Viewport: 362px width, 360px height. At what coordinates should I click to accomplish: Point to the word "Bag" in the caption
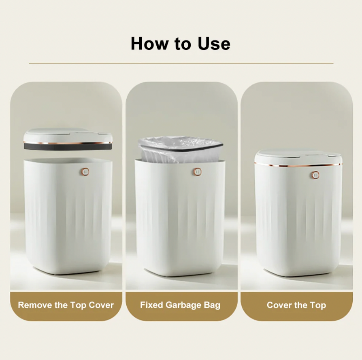pyautogui.click(x=212, y=305)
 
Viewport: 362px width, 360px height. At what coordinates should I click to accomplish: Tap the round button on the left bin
pyautogui.click(x=85, y=171)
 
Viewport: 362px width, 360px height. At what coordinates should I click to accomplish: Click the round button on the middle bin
pyautogui.click(x=197, y=172)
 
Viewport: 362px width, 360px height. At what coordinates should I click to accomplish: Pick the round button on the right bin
pyautogui.click(x=315, y=175)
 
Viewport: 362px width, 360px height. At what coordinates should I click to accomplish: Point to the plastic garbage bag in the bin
pyautogui.click(x=180, y=149)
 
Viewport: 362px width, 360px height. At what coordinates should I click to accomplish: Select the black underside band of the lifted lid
pyautogui.click(x=67, y=146)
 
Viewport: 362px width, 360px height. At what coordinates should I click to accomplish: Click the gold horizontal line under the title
pyautogui.click(x=181, y=63)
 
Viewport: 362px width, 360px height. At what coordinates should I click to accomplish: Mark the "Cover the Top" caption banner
pyautogui.click(x=296, y=305)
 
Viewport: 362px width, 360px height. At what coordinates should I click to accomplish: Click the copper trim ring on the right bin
pyautogui.click(x=298, y=165)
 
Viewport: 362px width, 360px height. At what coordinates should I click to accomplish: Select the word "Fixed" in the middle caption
pyautogui.click(x=151, y=305)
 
